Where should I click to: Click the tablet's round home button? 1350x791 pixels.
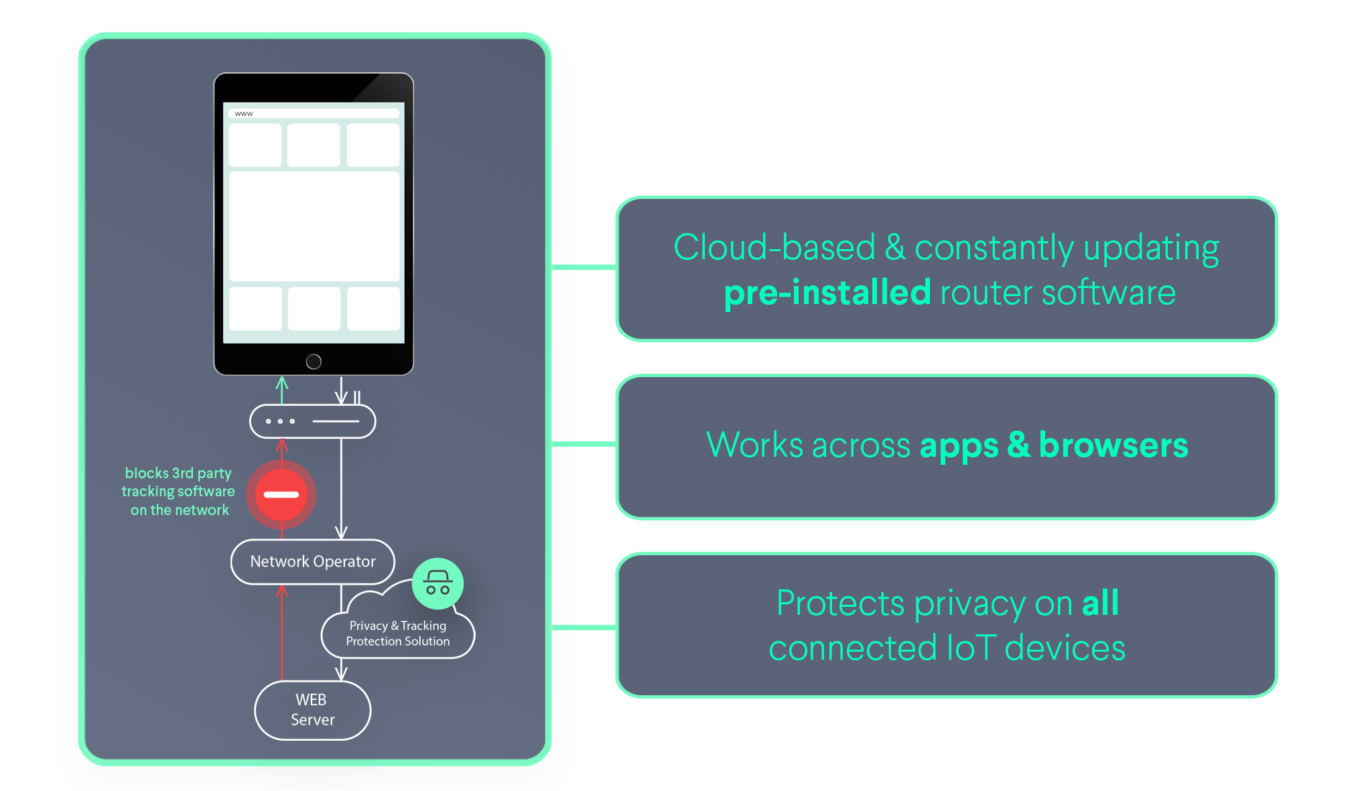(x=314, y=362)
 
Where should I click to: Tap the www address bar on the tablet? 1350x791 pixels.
(x=314, y=114)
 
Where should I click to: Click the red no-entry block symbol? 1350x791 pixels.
(x=281, y=494)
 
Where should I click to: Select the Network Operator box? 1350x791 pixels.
(x=313, y=561)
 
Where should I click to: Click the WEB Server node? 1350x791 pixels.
(x=313, y=710)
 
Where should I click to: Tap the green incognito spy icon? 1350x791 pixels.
(x=438, y=583)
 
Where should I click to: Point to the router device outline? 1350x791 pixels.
(x=313, y=421)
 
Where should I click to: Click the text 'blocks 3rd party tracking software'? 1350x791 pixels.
(x=178, y=482)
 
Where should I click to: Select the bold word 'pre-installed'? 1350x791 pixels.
(x=827, y=292)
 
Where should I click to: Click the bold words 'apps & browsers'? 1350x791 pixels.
(x=1054, y=445)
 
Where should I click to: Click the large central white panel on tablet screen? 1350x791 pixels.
(x=314, y=226)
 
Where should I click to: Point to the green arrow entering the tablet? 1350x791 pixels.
(x=282, y=390)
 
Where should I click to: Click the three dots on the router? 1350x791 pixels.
(x=280, y=421)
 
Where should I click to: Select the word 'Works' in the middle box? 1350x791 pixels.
(x=754, y=445)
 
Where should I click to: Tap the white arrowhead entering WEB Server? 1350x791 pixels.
(x=341, y=672)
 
